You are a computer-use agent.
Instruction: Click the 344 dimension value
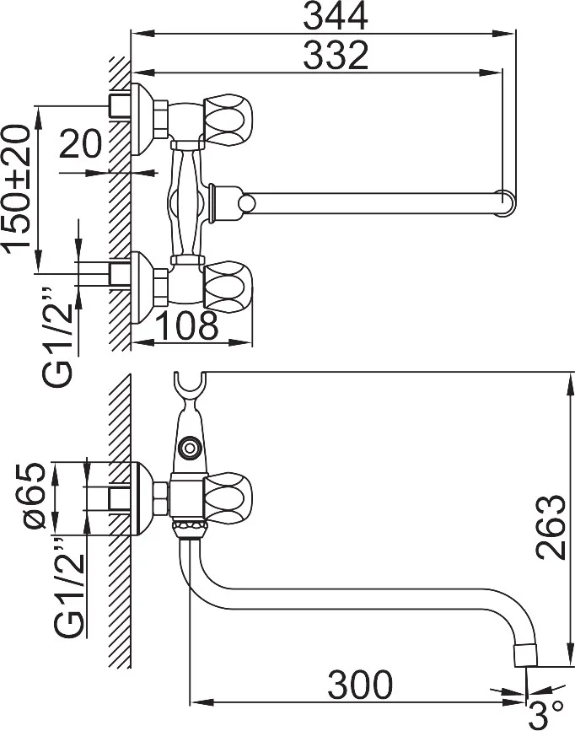coord(336,16)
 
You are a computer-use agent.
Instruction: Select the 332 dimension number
coord(336,55)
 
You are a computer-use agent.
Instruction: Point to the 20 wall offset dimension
coord(80,143)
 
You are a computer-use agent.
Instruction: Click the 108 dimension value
coord(186,325)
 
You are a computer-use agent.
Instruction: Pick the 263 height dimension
coord(550,527)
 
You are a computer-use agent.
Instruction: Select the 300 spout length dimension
coord(360,685)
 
